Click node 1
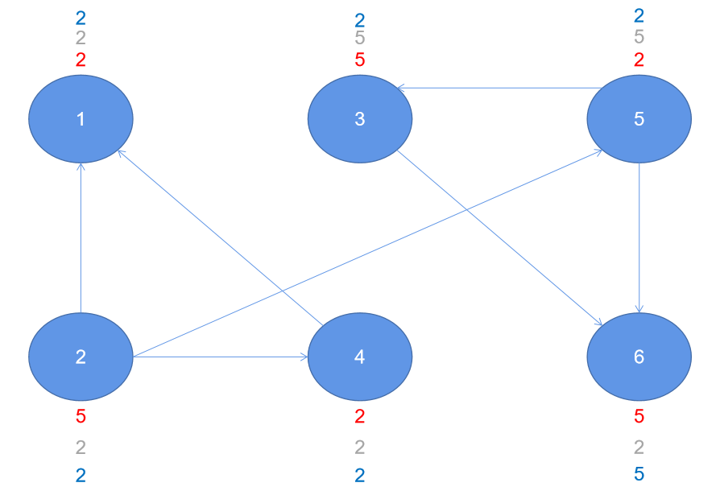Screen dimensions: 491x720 coord(81,119)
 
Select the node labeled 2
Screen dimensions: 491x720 coord(81,357)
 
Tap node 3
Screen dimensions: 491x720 coord(360,119)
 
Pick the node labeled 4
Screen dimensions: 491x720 coord(360,357)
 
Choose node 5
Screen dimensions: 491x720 coord(639,119)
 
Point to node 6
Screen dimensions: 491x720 coord(639,357)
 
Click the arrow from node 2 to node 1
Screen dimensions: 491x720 coord(81,237)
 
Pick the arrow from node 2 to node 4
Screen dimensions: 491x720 coord(221,357)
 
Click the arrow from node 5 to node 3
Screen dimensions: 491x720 coord(499,87)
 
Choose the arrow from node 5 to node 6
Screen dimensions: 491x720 coord(639,237)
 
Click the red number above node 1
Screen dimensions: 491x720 coord(81,60)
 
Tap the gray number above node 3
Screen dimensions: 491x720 coord(360,38)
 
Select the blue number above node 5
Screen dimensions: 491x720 coord(639,15)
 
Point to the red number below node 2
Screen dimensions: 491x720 coord(81,417)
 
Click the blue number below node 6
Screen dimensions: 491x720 coord(639,474)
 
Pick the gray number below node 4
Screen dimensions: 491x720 coord(360,448)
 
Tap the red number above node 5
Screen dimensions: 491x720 coord(639,60)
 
